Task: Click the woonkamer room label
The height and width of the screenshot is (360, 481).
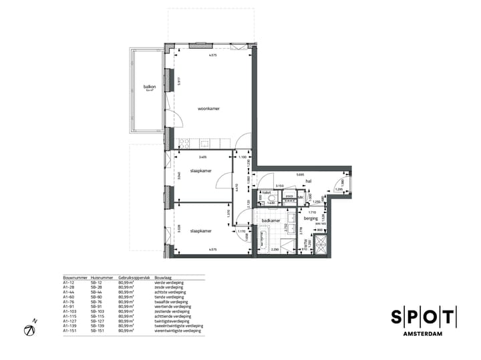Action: tap(208, 108)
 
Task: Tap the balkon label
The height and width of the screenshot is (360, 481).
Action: tap(149, 86)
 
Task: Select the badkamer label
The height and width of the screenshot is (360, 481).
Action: tap(270, 220)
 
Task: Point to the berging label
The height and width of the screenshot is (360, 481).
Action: tap(311, 218)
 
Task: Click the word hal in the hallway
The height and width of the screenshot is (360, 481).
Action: tap(309, 181)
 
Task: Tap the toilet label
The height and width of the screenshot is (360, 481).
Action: tap(265, 192)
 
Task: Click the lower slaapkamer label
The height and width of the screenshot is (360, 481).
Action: tap(200, 231)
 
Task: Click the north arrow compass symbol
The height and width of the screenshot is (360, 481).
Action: tap(29, 329)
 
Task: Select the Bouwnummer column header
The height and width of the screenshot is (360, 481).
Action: tap(75, 277)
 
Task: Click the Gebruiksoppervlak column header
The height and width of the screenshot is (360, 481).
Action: tap(132, 277)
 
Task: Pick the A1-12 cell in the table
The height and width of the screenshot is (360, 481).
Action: tap(68, 283)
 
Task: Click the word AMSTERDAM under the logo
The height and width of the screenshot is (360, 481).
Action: tap(424, 333)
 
